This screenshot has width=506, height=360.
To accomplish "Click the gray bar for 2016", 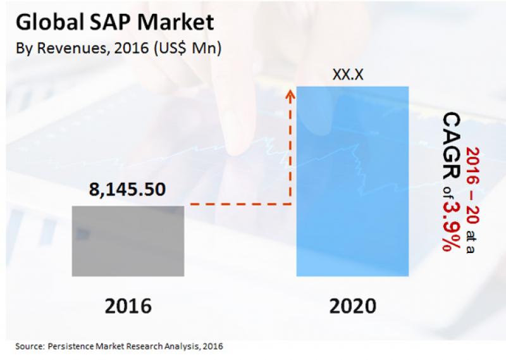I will [128, 240].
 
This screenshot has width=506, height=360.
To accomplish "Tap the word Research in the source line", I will [142, 346].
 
